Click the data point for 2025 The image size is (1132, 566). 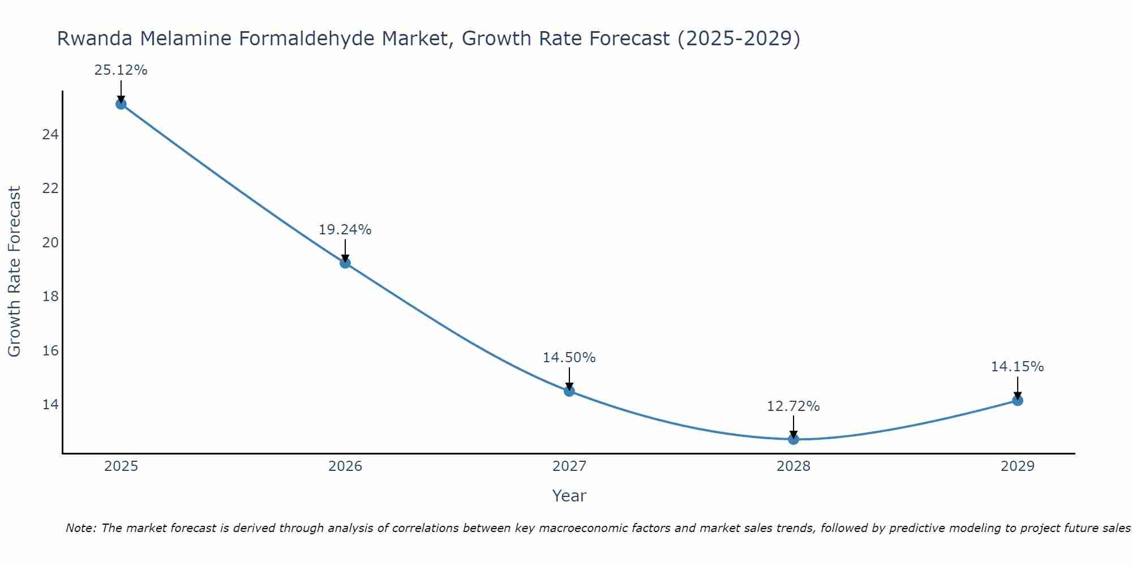click(121, 104)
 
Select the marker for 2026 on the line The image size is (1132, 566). click(345, 263)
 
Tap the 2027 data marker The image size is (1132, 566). click(569, 391)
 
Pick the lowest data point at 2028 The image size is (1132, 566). click(794, 439)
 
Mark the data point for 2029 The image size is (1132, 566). click(1017, 401)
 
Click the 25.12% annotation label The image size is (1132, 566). click(121, 70)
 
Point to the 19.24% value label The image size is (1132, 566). click(345, 230)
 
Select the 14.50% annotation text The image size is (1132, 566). click(569, 358)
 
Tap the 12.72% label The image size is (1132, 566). click(793, 406)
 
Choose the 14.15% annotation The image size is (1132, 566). click(1017, 367)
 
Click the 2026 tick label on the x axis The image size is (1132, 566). click(345, 466)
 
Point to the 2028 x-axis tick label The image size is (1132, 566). click(794, 466)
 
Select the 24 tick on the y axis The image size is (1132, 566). click(51, 135)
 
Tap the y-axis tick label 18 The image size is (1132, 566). click(51, 297)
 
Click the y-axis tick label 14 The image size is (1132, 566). click(51, 405)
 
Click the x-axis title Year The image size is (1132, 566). click(569, 496)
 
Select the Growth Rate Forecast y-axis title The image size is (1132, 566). click(15, 271)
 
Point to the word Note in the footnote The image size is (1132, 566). click(81, 528)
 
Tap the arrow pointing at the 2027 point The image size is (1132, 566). click(569, 378)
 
